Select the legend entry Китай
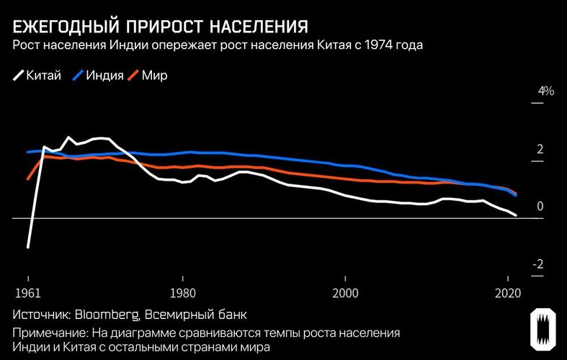(x=37, y=75)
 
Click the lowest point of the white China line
(x=27, y=247)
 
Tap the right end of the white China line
(x=516, y=215)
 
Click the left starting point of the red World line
(x=27, y=179)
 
